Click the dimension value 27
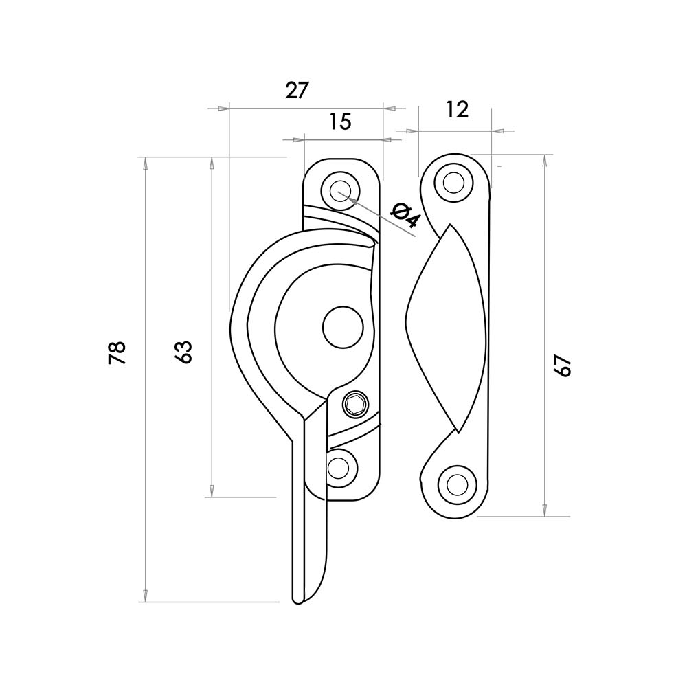[x=297, y=91]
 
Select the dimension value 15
[x=340, y=122]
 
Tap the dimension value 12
[x=458, y=109]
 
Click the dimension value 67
[x=563, y=365]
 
